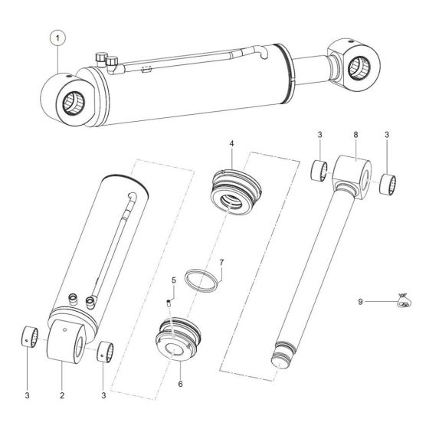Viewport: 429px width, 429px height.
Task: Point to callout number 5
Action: point(173,280)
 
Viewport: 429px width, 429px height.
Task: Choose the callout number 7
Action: point(221,263)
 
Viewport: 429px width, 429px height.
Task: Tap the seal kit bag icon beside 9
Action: point(401,303)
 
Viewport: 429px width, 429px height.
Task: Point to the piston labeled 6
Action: point(181,337)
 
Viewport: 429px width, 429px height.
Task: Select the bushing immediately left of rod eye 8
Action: point(319,169)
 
